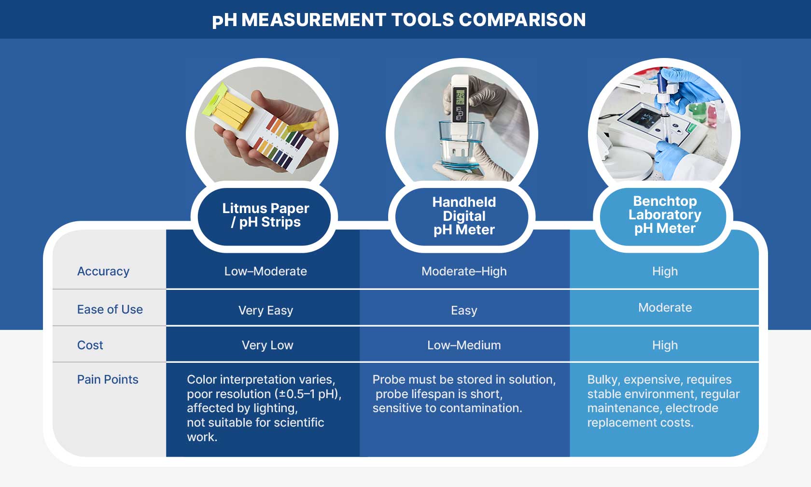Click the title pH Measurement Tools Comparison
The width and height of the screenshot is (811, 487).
coord(399,20)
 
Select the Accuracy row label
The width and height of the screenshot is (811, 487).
coord(103,272)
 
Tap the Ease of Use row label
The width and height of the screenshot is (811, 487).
coord(110,309)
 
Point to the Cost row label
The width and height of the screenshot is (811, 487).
coord(90,345)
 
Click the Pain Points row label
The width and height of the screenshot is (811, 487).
coord(108,379)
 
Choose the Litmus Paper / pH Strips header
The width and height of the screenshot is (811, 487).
coord(266,215)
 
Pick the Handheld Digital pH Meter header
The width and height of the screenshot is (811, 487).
coord(464,216)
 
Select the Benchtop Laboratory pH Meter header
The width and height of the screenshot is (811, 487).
coord(665,215)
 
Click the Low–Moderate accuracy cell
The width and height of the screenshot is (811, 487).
coord(266,272)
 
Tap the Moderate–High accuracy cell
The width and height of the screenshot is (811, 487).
coord(464,272)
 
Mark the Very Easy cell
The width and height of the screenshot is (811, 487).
coord(266,310)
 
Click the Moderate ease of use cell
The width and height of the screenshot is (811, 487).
coord(665,308)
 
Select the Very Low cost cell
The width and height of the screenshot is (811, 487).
coord(267,345)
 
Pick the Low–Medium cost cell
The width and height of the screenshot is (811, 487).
coord(464,345)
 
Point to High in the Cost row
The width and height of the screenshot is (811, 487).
coord(665,345)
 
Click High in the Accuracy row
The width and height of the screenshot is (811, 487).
coord(665,272)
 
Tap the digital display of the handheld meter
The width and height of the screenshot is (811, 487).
coord(460,97)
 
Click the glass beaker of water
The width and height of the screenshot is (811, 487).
coord(461,145)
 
